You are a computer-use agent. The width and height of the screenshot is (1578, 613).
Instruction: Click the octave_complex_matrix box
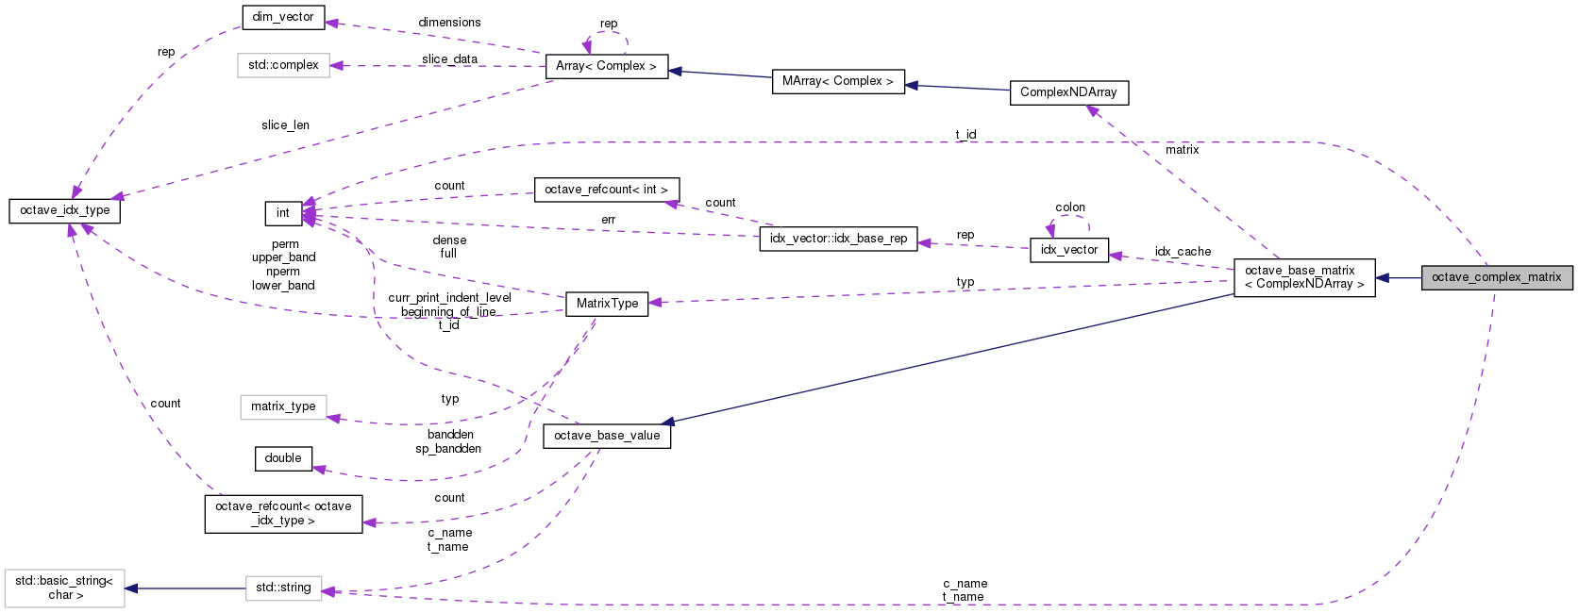coord(1497,277)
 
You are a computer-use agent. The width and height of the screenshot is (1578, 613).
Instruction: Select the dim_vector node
coord(283,17)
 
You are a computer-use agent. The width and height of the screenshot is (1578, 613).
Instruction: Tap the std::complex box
coord(283,65)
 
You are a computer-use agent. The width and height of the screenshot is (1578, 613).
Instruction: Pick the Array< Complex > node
coord(606,66)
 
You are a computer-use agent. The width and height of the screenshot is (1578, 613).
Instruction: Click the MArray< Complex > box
coord(837,81)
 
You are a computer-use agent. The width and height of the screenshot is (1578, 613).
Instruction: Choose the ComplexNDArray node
coord(1068,92)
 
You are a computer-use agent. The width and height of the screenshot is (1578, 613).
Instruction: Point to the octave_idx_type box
coord(65,210)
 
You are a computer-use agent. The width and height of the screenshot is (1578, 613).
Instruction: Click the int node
coord(283,213)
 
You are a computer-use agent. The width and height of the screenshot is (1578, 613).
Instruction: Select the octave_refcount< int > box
coord(606,190)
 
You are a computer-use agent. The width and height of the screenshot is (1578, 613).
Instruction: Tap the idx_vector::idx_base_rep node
coord(838,239)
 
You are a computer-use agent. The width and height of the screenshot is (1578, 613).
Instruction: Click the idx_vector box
coord(1069,250)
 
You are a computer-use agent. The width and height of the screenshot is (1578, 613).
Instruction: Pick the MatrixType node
coord(607,304)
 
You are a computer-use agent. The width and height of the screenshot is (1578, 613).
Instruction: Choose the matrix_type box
coord(283,406)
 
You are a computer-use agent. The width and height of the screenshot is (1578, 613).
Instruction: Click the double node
coord(283,458)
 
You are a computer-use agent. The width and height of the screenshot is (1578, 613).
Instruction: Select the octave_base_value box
coord(607,436)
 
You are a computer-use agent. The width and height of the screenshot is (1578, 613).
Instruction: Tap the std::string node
coord(283,588)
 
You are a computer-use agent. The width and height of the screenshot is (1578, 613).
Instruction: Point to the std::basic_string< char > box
coord(64,588)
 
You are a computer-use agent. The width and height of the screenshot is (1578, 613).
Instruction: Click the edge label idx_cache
coord(1183,252)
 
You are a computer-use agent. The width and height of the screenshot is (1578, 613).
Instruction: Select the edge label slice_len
coord(285,125)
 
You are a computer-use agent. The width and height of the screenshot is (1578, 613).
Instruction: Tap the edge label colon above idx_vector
coord(1070,207)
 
